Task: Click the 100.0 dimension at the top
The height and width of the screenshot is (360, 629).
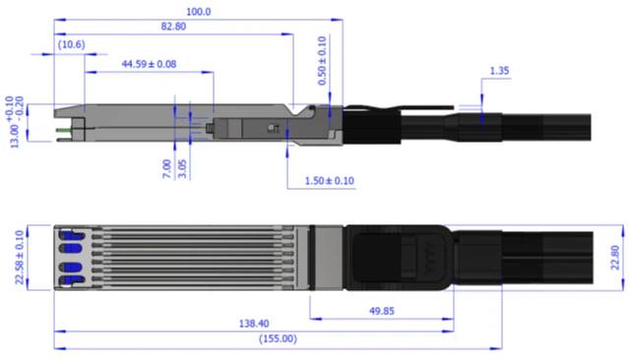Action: pyautogui.click(x=198, y=11)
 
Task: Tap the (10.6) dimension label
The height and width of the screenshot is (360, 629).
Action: pyautogui.click(x=71, y=44)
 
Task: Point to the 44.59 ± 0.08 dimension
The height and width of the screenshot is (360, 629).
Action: pyautogui.click(x=149, y=63)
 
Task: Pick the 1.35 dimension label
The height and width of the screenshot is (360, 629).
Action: pyautogui.click(x=498, y=72)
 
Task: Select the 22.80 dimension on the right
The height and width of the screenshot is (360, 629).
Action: pyautogui.click(x=615, y=258)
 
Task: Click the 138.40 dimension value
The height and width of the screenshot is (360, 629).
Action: pyautogui.click(x=253, y=323)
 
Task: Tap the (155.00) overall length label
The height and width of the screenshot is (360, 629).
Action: pyautogui.click(x=278, y=338)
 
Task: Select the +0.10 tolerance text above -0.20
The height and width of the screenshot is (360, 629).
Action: pyautogui.click(x=9, y=101)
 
